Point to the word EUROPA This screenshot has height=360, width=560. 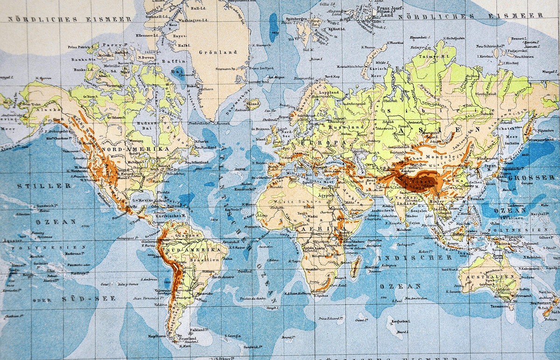319,141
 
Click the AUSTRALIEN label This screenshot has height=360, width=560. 490,276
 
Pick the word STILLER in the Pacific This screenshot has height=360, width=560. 44,186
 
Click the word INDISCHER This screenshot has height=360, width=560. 415,257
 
